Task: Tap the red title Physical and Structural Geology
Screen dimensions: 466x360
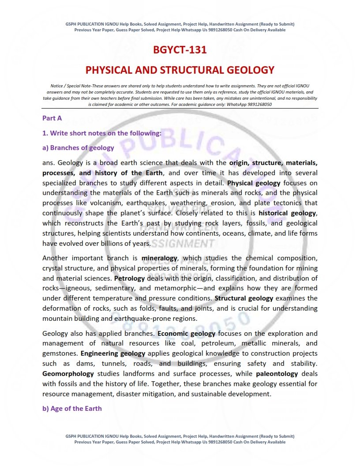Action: click(x=180, y=70)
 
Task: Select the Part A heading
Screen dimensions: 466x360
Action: click(x=52, y=118)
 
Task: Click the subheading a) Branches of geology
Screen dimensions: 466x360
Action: click(x=78, y=148)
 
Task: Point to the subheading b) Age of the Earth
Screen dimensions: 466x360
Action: click(x=72, y=409)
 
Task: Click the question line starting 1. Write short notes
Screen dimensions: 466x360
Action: click(x=101, y=133)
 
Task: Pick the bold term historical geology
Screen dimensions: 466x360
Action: click(x=287, y=213)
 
